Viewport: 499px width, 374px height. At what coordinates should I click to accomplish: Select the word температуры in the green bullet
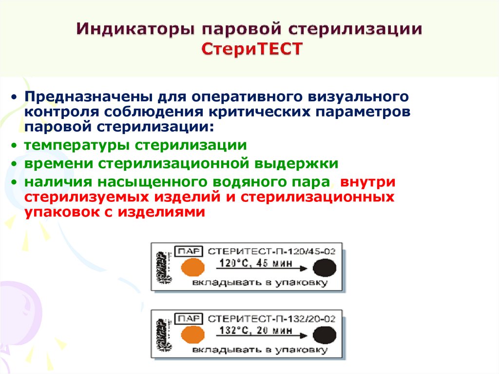tap(77, 145)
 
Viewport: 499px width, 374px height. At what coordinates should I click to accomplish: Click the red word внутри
tap(368, 182)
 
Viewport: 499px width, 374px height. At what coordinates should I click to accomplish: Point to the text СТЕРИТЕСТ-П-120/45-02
tap(271, 252)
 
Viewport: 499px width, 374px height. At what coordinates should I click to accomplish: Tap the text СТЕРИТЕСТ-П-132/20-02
tap(271, 319)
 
